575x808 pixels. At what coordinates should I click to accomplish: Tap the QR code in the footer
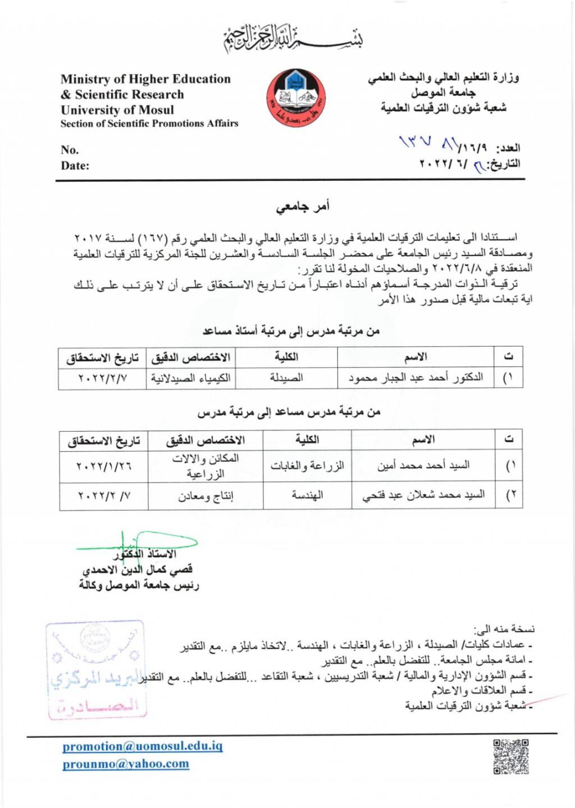(x=511, y=757)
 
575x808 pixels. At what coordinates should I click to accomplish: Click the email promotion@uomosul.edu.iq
(x=143, y=746)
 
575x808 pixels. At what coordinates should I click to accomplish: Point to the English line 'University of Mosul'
(x=117, y=110)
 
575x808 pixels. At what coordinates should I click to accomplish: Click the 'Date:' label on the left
(x=75, y=166)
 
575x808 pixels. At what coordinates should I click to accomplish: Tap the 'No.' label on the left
(x=70, y=150)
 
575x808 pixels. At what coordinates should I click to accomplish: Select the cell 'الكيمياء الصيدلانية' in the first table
(x=191, y=378)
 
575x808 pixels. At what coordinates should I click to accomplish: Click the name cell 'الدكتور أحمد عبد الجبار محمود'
(x=416, y=378)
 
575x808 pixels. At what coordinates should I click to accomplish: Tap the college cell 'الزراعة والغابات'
(x=307, y=466)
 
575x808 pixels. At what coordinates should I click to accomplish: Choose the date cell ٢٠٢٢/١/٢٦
(x=104, y=466)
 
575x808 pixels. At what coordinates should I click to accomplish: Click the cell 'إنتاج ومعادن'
(x=206, y=496)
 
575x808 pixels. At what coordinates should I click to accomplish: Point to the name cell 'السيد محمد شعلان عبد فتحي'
(x=423, y=495)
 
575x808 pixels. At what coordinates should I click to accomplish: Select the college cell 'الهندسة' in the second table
(x=307, y=495)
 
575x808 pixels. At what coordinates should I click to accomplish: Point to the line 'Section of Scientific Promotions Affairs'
(x=149, y=124)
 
